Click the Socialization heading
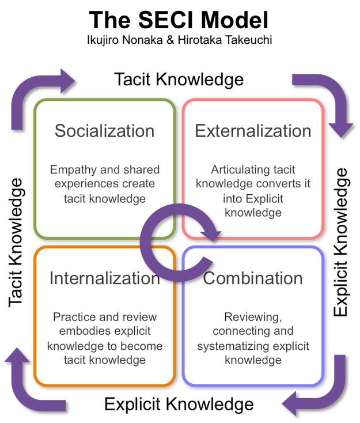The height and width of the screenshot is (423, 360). (104, 131)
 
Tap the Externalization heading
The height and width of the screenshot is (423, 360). (253, 131)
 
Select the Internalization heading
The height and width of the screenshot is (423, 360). (104, 278)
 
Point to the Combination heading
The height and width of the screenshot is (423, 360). (253, 278)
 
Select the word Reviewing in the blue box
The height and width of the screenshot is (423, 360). (252, 318)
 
